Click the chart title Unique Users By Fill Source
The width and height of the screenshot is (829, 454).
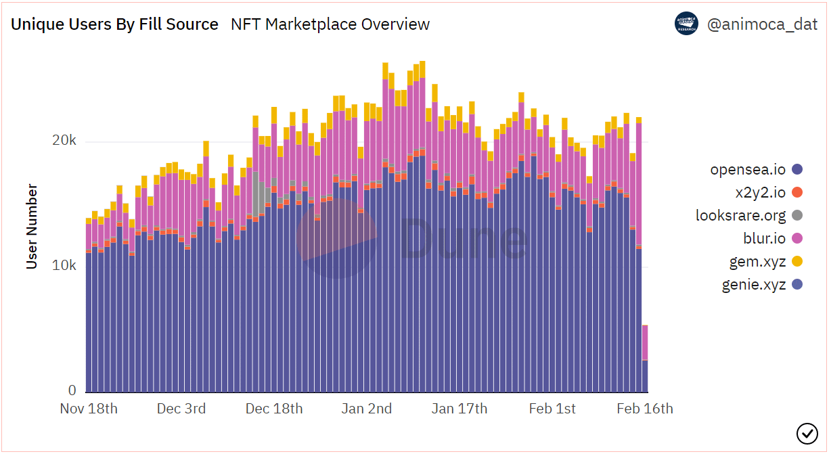point(114,25)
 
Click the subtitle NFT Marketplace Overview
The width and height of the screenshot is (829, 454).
point(330,25)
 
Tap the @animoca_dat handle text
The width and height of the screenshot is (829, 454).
point(762,25)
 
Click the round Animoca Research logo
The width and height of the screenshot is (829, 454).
point(686,24)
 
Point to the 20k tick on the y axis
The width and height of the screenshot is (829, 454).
point(64,141)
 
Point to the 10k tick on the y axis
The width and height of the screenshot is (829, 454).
point(64,265)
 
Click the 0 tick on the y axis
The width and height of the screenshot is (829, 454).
point(71,390)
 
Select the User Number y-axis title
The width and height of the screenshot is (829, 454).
point(32,226)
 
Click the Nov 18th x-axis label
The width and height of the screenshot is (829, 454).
point(89,409)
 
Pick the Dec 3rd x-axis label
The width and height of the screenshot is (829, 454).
point(181,409)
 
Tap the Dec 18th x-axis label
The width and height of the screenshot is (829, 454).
point(274,409)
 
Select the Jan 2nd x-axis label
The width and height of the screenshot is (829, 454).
point(366,409)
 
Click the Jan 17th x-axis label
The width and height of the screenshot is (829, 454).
point(460,409)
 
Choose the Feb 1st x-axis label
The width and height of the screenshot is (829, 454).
point(552,409)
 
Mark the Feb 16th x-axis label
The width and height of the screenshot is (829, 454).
point(645,409)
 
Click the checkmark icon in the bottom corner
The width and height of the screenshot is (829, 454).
point(807,432)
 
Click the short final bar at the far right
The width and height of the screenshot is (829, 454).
point(645,359)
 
